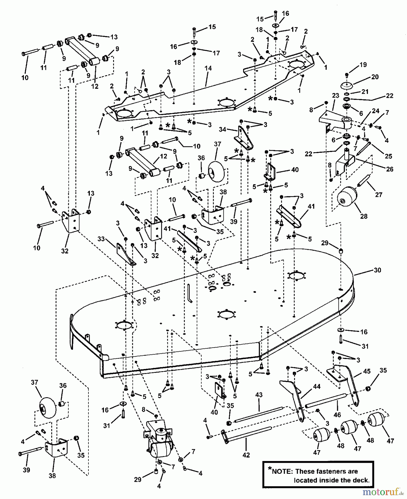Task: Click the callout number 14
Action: [208, 68]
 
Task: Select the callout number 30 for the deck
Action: [377, 270]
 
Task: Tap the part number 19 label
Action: [363, 65]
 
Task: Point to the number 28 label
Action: [363, 216]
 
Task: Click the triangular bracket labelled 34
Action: [246, 139]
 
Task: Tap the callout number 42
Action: [246, 455]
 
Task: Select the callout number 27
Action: [379, 195]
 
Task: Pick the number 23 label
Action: [335, 95]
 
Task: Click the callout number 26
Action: [390, 169]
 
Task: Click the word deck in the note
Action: [362, 480]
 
